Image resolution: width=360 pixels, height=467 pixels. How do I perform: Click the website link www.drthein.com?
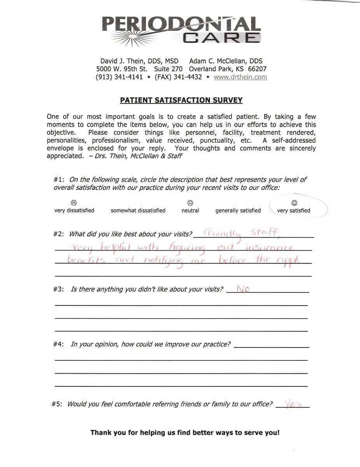click(x=240, y=77)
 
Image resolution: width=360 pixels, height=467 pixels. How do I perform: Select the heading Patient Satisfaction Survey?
click(x=181, y=100)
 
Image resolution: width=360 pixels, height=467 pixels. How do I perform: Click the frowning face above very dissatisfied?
click(x=74, y=203)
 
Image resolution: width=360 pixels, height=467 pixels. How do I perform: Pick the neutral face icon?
click(x=190, y=203)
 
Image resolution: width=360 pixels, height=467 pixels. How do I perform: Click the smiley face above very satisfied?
click(x=294, y=203)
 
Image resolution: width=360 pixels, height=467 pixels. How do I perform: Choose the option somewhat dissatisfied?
click(x=138, y=211)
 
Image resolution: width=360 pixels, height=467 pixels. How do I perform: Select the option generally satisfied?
click(x=238, y=211)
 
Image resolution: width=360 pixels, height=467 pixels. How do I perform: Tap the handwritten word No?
click(x=243, y=289)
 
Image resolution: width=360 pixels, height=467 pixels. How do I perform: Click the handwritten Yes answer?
click(x=294, y=404)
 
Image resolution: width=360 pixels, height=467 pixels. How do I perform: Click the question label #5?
click(x=57, y=404)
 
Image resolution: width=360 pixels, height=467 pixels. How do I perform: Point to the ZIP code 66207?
click(x=257, y=69)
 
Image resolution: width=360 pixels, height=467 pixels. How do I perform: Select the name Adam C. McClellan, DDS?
click(x=225, y=61)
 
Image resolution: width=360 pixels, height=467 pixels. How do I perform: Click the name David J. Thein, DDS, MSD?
click(x=139, y=61)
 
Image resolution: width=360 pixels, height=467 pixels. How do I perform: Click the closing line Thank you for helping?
click(x=185, y=432)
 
